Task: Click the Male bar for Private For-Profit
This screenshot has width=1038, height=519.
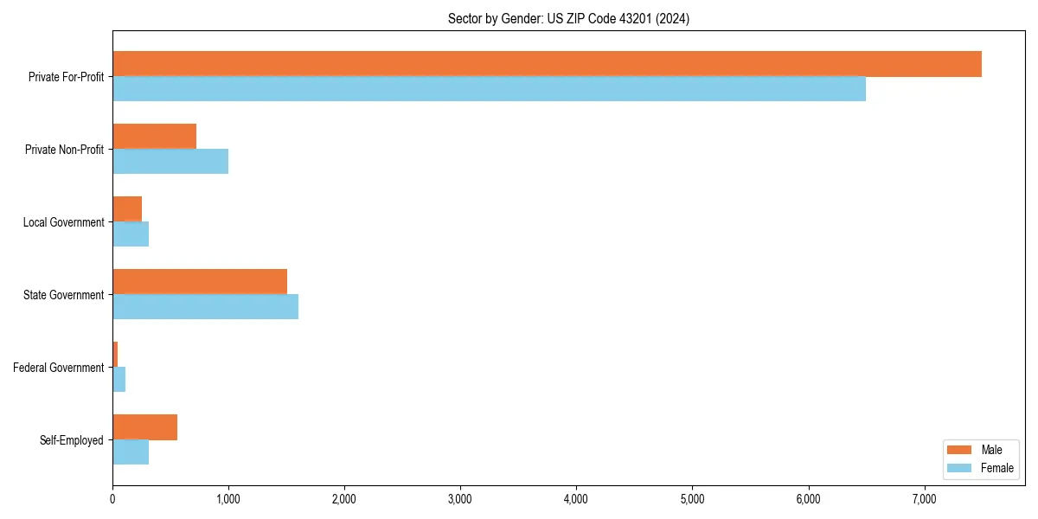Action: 547,64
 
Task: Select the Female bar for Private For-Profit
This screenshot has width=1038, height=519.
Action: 489,89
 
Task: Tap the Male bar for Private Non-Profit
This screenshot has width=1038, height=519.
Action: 154,137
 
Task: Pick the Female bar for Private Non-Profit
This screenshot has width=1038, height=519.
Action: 170,162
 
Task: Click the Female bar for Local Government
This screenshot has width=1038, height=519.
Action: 131,234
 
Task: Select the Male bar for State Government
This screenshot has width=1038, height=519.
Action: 200,282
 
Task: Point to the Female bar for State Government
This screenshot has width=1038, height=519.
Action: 205,307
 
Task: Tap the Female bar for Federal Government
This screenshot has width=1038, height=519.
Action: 119,380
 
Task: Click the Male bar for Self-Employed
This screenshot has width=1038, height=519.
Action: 144,427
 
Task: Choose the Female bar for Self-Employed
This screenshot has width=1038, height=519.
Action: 131,452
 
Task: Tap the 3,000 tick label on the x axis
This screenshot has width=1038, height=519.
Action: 460,498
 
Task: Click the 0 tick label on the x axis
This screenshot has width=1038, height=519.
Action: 112,498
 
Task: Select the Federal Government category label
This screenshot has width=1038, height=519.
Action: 58,368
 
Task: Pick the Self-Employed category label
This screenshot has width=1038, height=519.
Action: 71,440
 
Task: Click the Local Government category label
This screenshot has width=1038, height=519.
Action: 63,222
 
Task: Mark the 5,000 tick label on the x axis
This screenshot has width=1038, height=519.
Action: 692,498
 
